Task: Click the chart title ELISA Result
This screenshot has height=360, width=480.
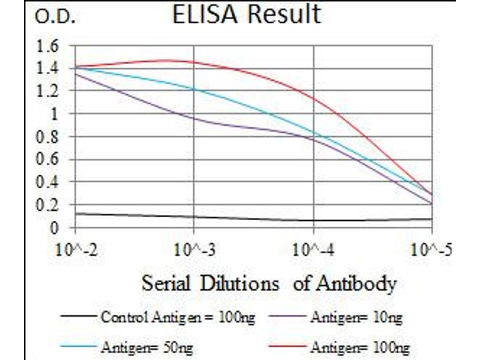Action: [x=246, y=15]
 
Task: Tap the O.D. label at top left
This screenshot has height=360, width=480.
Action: [x=55, y=17]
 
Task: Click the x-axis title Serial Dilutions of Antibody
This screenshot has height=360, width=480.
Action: [x=269, y=283]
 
